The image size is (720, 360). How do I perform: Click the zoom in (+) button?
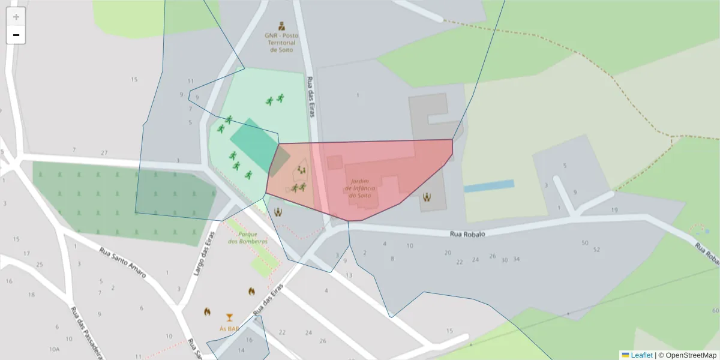(16, 16)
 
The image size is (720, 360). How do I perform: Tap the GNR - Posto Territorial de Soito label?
(281, 43)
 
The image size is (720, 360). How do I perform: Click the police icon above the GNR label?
(281, 26)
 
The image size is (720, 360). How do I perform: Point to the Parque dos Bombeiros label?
(248, 238)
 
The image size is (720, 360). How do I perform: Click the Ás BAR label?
(229, 329)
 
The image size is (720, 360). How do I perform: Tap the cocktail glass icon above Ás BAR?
(229, 317)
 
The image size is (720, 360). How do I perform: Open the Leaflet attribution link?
(641, 355)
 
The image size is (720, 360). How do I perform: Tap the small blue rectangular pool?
(489, 186)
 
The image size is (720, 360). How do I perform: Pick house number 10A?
(55, 349)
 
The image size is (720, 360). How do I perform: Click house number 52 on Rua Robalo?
(596, 250)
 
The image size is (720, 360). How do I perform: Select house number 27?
(104, 152)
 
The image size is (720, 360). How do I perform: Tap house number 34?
(516, 259)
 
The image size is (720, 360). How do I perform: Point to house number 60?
(715, 310)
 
